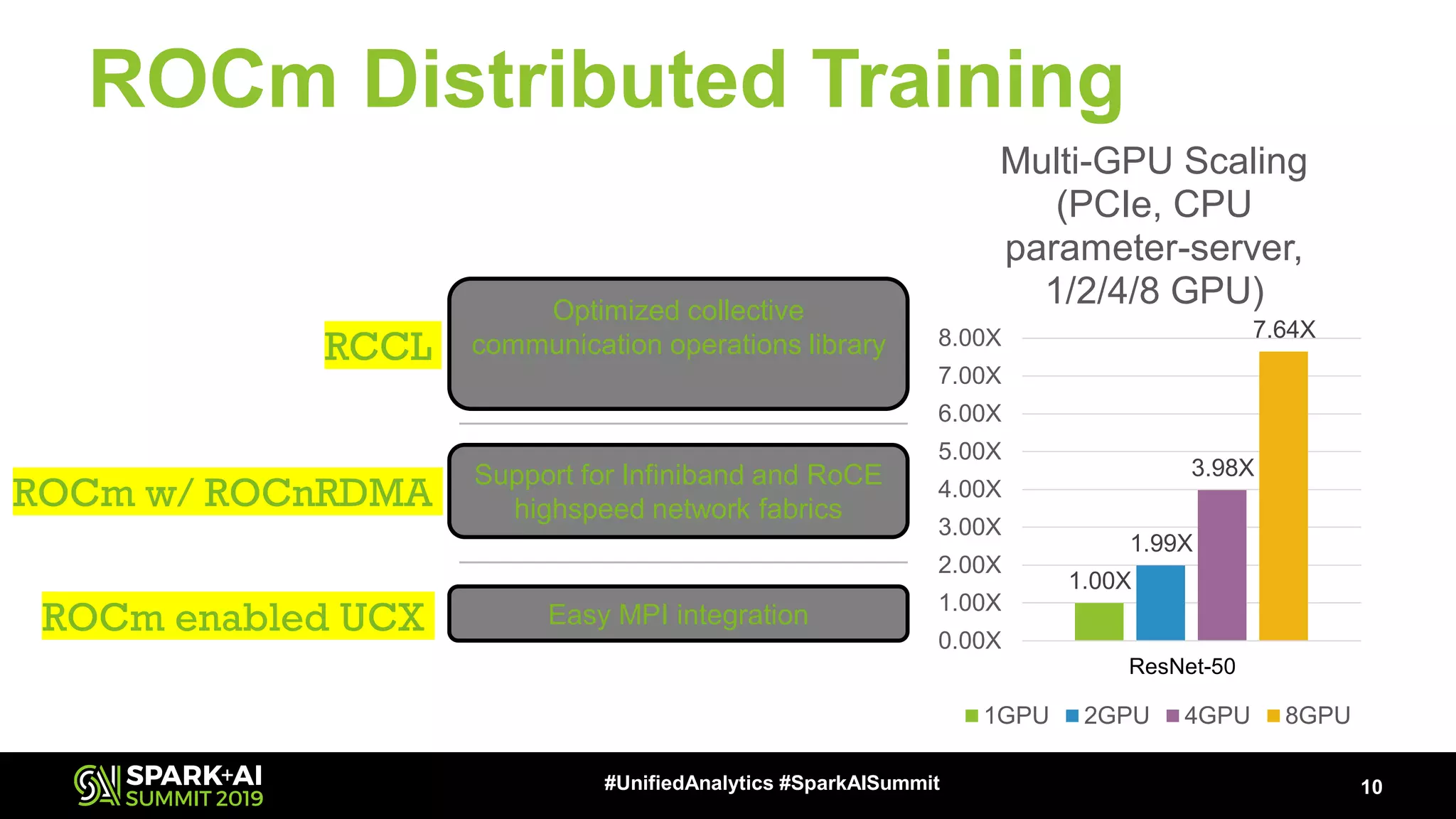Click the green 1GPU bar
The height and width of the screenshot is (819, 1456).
tap(1098, 621)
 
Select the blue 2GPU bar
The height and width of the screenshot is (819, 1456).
tap(1160, 603)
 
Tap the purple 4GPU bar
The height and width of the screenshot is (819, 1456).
tap(1221, 565)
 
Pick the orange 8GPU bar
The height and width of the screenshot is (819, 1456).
tap(1283, 496)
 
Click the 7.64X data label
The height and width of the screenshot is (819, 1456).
tap(1284, 330)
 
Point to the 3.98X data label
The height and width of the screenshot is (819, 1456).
tap(1223, 468)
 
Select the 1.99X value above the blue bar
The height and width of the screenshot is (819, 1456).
tap(1161, 543)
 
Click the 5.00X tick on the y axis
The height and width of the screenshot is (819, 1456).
tap(969, 451)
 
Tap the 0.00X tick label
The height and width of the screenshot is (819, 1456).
tap(969, 641)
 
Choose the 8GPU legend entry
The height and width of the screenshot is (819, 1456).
tap(1309, 715)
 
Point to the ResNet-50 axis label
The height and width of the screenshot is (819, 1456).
tap(1182, 666)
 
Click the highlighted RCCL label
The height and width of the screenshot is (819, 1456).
tap(379, 346)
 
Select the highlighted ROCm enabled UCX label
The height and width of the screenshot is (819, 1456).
tap(234, 616)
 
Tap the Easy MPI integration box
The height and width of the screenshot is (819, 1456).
tap(678, 614)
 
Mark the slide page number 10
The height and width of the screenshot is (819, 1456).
tap(1371, 787)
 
